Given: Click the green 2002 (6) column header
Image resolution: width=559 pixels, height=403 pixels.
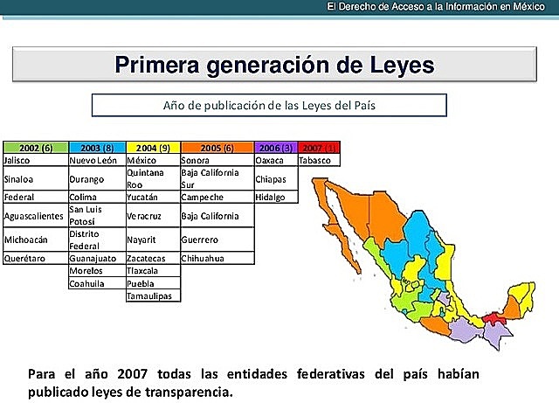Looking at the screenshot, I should (x=34, y=148).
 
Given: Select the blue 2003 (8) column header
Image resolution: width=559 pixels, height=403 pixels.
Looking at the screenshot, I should (x=97, y=148).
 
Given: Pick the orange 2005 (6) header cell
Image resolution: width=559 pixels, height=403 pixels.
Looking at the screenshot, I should (x=216, y=148).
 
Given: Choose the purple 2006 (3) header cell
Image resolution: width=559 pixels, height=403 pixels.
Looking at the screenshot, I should (x=275, y=148).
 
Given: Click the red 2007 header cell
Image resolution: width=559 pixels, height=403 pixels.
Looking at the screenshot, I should (x=318, y=148).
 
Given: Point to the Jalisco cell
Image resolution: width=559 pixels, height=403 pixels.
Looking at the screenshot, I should (x=34, y=161).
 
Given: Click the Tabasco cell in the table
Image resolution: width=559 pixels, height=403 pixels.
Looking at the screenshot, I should (x=318, y=161).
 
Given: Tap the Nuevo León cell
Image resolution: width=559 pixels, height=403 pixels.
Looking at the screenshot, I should (x=97, y=161).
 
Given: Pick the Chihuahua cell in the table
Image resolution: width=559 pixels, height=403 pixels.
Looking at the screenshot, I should (x=216, y=259).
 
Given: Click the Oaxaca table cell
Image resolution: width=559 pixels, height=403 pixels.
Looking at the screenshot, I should (x=275, y=161).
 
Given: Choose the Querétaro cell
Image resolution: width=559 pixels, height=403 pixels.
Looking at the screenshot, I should (x=34, y=259).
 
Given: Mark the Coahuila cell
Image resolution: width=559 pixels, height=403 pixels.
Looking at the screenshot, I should (x=97, y=283).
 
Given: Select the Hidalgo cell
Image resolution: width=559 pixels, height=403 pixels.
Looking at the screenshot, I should (x=275, y=198).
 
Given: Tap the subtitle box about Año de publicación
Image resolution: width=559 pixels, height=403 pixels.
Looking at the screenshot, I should (x=269, y=106).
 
